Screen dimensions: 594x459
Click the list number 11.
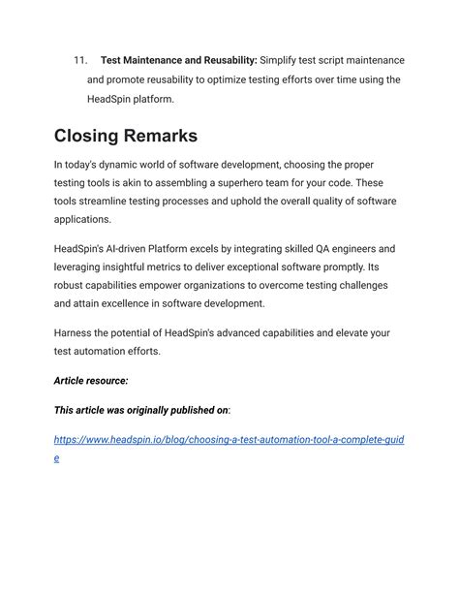tap(80, 61)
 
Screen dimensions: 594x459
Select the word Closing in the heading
tap(98, 136)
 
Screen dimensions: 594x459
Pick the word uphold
tap(253, 202)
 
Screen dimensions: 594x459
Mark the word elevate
tap(344, 333)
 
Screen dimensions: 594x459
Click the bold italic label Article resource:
tap(91, 381)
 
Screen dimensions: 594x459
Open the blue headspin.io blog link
tap(229, 441)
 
